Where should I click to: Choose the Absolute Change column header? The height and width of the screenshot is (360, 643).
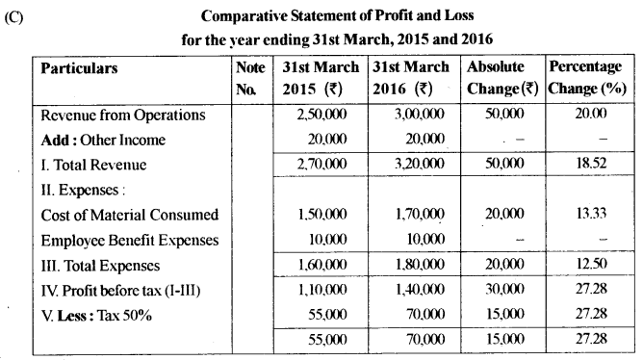(502, 79)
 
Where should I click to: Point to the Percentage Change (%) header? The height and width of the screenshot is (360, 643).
(589, 79)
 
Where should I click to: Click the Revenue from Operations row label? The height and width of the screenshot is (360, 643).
(123, 116)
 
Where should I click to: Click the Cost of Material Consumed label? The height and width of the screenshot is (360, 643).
(130, 215)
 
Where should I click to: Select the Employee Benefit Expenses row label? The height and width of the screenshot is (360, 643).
(130, 240)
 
